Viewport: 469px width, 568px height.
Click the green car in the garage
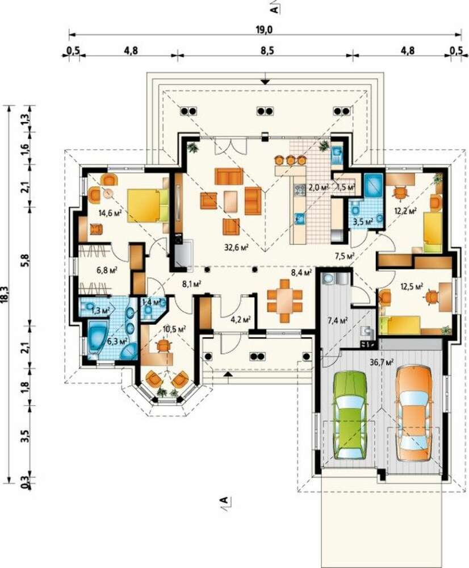tap(350, 416)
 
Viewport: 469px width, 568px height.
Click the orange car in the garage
tap(413, 413)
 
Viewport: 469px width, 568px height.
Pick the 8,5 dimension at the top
tap(266, 51)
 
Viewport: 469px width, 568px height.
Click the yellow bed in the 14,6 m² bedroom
tap(148, 206)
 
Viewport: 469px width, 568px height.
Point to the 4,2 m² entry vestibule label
tap(241, 319)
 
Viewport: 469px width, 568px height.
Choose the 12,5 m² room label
tap(412, 286)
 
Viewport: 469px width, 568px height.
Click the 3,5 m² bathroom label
tap(362, 222)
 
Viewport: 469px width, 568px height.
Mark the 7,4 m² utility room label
tap(337, 320)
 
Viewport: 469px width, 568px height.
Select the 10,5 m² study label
tap(174, 329)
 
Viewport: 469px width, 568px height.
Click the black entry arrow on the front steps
tap(227, 374)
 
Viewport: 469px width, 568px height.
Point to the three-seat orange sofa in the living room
tap(229, 177)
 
